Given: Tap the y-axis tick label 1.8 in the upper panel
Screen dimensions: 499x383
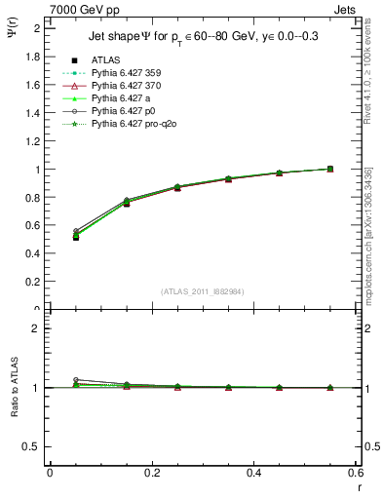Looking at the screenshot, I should [x=35, y=57].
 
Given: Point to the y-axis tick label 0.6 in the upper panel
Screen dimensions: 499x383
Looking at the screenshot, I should [x=35, y=225].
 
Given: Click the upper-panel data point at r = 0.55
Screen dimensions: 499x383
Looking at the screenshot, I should [x=330, y=169].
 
